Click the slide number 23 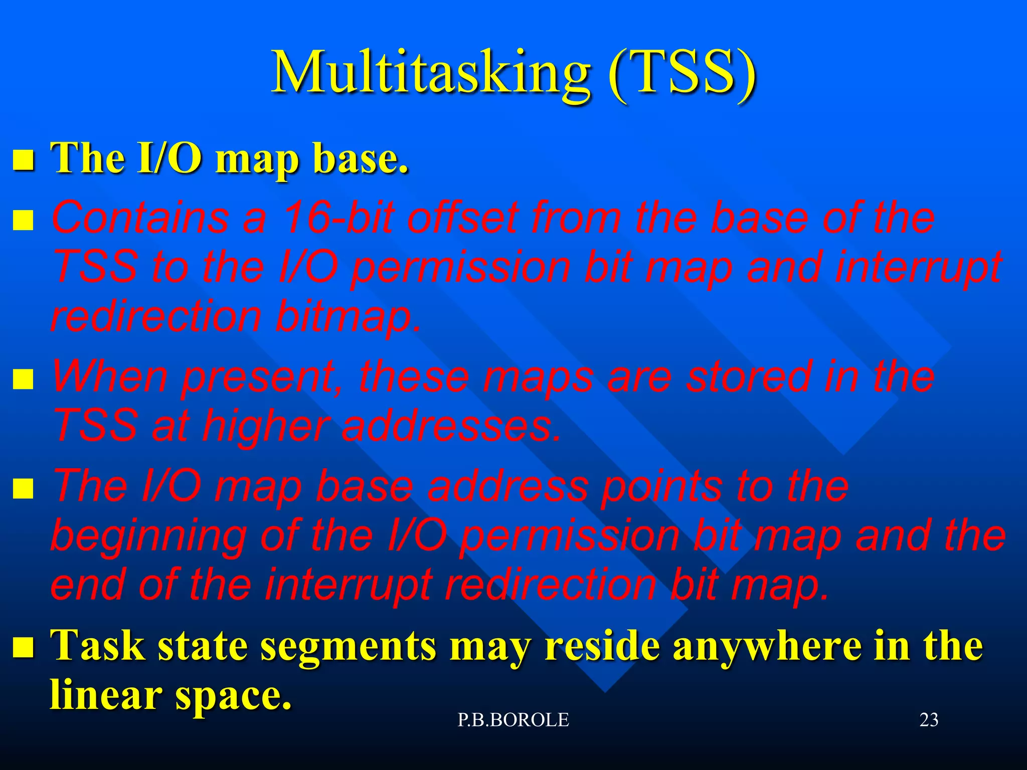tap(929, 720)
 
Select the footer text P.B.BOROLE tap(513, 720)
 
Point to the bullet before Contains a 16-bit tap(23, 220)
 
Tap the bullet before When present tap(23, 379)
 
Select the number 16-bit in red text tap(338, 218)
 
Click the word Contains tap(140, 218)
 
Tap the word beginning tap(148, 536)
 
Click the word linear tap(106, 695)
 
